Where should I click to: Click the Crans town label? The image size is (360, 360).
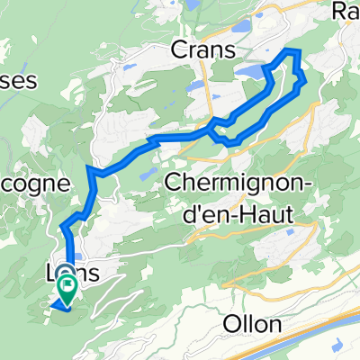(x=198, y=49)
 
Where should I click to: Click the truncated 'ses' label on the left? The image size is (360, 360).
(x=18, y=80)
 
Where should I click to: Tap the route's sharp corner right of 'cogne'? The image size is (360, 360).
(x=89, y=167)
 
